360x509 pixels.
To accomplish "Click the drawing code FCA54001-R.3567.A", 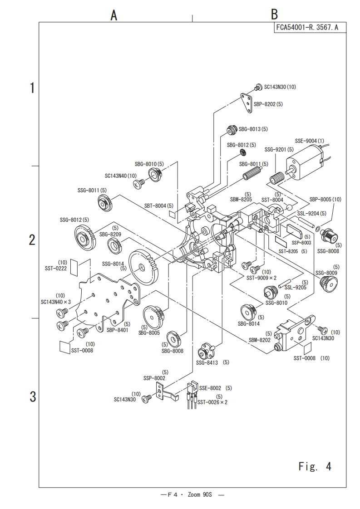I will [307, 27].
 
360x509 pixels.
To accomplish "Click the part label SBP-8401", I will [117, 330].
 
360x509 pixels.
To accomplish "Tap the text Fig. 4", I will [315, 466].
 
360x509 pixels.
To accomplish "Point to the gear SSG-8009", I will [328, 284].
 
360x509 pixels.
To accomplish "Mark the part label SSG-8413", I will [207, 362].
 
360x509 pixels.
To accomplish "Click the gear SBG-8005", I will [153, 315].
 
